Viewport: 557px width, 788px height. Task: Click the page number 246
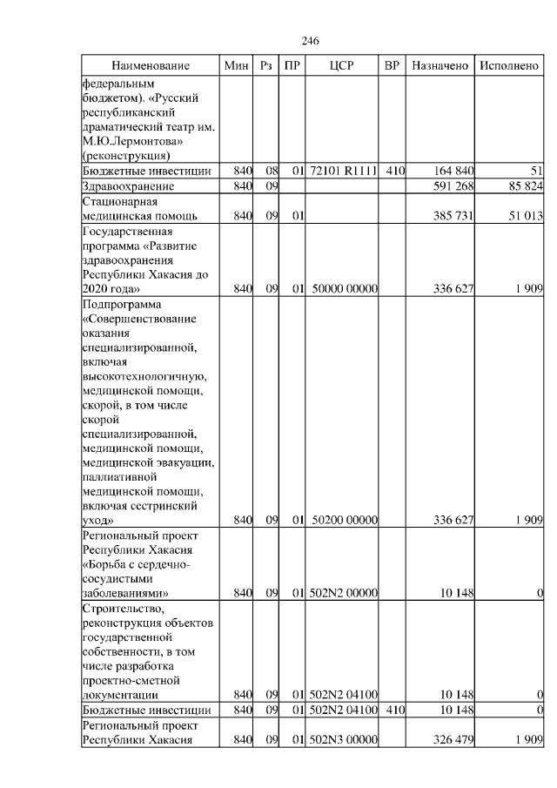pos(311,41)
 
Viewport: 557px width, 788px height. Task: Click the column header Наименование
pos(151,66)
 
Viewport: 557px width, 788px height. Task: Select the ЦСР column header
pos(340,66)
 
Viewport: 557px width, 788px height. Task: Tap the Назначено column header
pos(440,66)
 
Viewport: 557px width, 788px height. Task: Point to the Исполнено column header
pos(508,66)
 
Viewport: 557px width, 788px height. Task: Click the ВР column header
pos(393,66)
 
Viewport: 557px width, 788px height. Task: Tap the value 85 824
pos(523,186)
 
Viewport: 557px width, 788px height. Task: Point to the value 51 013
pos(523,215)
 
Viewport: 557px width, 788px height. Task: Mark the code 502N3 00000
pos(342,738)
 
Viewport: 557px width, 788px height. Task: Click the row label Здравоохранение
pos(128,186)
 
